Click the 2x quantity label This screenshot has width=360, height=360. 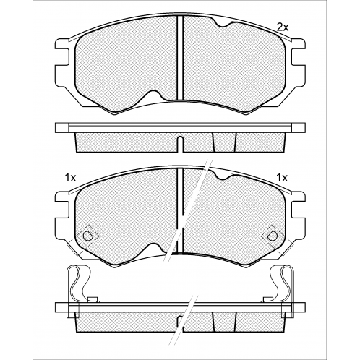[283, 27]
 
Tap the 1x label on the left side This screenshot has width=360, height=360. [70, 178]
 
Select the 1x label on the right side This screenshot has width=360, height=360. [282, 178]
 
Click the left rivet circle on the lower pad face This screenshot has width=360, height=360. [87, 236]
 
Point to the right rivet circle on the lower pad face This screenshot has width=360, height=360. [273, 236]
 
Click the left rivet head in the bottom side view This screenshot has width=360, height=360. [93, 300]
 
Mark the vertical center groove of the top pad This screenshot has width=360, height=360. [180, 58]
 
